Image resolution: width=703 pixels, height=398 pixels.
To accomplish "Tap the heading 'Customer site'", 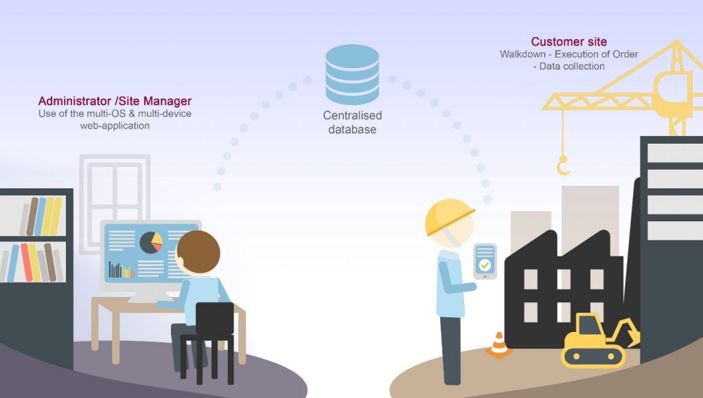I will click(568, 42).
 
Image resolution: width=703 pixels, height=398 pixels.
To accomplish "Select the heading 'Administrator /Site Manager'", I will click(115, 101).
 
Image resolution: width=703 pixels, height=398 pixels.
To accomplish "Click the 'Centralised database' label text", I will click(352, 122).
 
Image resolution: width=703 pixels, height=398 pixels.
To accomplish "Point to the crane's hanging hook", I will click(563, 166).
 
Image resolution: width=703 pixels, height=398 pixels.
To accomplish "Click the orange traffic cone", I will click(499, 344).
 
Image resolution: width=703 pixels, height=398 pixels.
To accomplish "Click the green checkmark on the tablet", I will click(485, 264).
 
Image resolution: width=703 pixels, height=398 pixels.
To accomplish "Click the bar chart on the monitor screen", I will click(119, 269).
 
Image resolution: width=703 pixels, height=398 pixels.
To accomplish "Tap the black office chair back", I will click(214, 322).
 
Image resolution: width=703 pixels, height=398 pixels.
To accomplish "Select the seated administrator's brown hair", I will click(198, 250).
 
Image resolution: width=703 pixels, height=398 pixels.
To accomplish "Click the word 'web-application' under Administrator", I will click(115, 126).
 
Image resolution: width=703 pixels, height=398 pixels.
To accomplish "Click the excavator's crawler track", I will click(593, 356).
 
